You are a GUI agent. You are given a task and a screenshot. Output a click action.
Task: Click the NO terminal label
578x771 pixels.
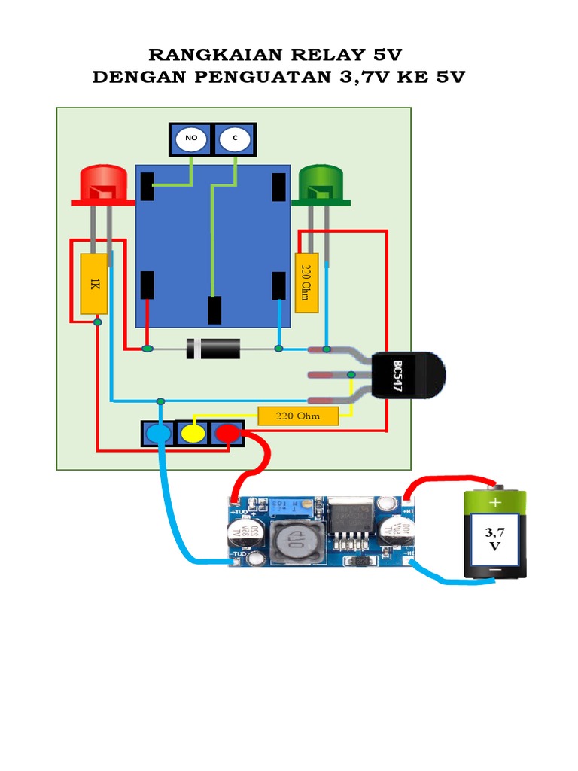190,139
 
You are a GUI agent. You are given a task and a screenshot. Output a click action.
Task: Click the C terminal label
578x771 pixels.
235,139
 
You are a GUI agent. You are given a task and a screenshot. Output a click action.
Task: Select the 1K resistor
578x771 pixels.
94,284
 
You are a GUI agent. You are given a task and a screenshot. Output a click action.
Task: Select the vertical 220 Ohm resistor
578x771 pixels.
306,282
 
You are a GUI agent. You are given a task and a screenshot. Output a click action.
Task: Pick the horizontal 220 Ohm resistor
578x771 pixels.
298,416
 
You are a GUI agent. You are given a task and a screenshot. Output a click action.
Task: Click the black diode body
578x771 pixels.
214,349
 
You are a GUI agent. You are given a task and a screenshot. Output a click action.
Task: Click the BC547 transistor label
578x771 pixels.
398,376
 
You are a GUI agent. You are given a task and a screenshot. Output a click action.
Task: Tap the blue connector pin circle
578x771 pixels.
158,434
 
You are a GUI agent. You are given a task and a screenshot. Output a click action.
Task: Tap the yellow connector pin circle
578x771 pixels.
192,434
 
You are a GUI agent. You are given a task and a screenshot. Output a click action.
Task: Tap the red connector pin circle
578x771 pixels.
227,434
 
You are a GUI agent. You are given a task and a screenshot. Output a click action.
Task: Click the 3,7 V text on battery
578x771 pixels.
494,539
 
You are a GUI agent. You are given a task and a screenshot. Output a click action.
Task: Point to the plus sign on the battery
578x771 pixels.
495,502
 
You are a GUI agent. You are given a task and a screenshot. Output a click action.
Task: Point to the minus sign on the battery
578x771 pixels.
495,572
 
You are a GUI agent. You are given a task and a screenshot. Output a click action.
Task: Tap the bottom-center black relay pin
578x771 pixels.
214,310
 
